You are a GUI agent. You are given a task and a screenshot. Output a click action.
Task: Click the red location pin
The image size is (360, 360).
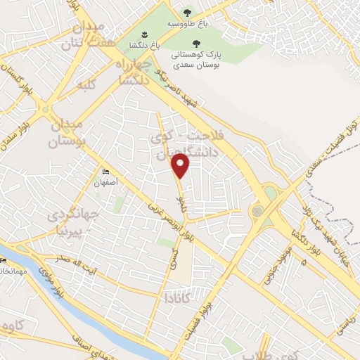(182, 165)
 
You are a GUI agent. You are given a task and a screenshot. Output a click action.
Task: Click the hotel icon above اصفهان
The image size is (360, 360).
(105, 172)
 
